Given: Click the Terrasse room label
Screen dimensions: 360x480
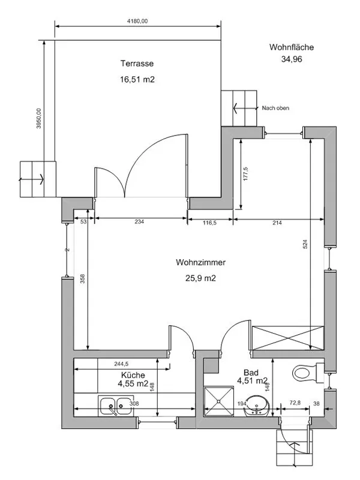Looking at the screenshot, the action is [137, 64].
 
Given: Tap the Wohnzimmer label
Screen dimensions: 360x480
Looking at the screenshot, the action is [200, 262].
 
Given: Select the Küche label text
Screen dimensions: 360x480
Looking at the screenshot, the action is [133, 375].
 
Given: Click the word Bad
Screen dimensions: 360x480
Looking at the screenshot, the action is [251, 373].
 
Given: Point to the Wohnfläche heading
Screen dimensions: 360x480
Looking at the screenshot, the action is [292, 47].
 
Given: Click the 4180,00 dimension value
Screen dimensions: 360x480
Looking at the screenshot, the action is [137, 21].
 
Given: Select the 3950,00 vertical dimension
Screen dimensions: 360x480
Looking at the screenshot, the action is [38, 118].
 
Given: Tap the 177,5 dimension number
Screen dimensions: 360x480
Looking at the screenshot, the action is [245, 173].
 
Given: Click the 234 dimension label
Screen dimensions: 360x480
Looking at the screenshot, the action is [139, 221].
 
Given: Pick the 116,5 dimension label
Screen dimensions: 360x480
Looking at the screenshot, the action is [209, 223].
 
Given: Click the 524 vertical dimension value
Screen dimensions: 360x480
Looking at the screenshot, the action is [305, 244].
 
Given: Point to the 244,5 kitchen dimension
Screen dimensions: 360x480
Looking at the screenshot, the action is [121, 364].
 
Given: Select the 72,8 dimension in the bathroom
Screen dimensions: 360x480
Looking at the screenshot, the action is [295, 403].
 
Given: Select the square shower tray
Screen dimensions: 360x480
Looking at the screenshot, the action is [219, 401].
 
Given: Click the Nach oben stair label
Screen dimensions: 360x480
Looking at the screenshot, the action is [275, 108].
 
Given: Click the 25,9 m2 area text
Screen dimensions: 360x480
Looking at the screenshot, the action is [200, 278].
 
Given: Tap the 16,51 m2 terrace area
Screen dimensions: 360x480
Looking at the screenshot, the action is [137, 80].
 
